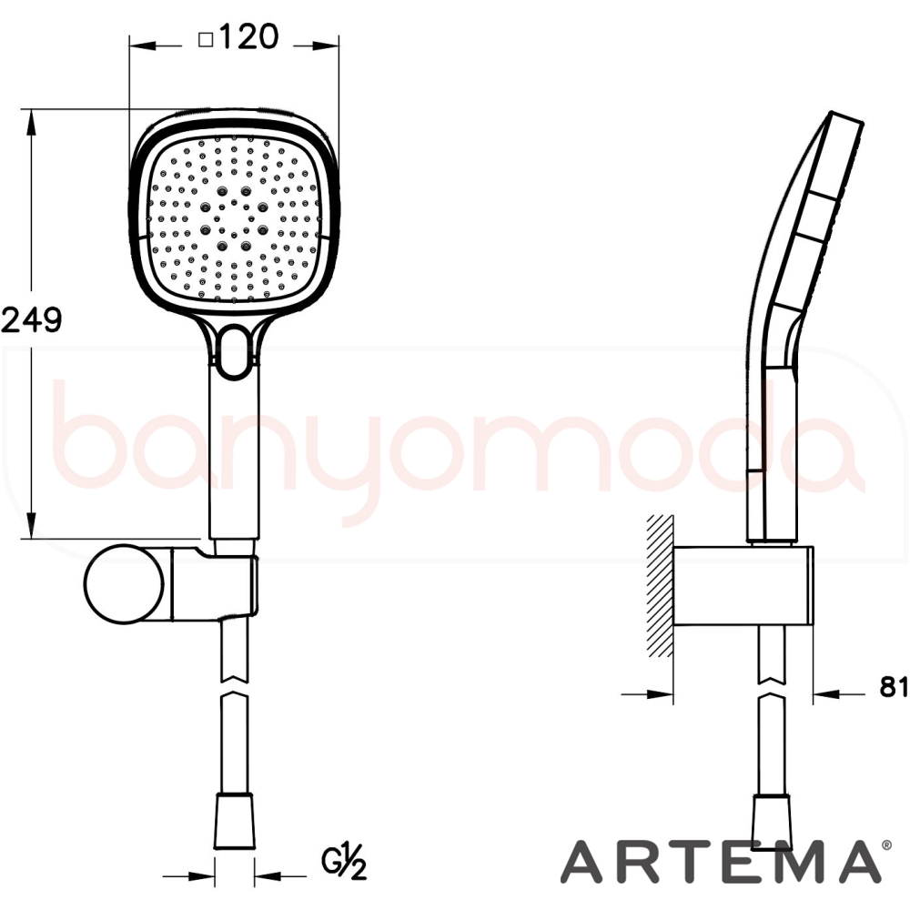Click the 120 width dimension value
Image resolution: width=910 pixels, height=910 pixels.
pyautogui.click(x=249, y=37)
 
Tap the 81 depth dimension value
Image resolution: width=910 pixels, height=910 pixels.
pyautogui.click(x=894, y=686)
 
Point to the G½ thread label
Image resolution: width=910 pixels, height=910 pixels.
pyautogui.click(x=345, y=864)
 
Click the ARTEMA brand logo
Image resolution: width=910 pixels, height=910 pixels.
pyautogui.click(x=720, y=861)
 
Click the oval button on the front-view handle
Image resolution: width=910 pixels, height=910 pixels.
pyautogui.click(x=235, y=352)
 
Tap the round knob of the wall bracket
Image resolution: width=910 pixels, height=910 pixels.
pyautogui.click(x=123, y=583)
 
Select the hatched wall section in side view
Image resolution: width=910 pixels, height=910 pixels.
pyautogui.click(x=660, y=586)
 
